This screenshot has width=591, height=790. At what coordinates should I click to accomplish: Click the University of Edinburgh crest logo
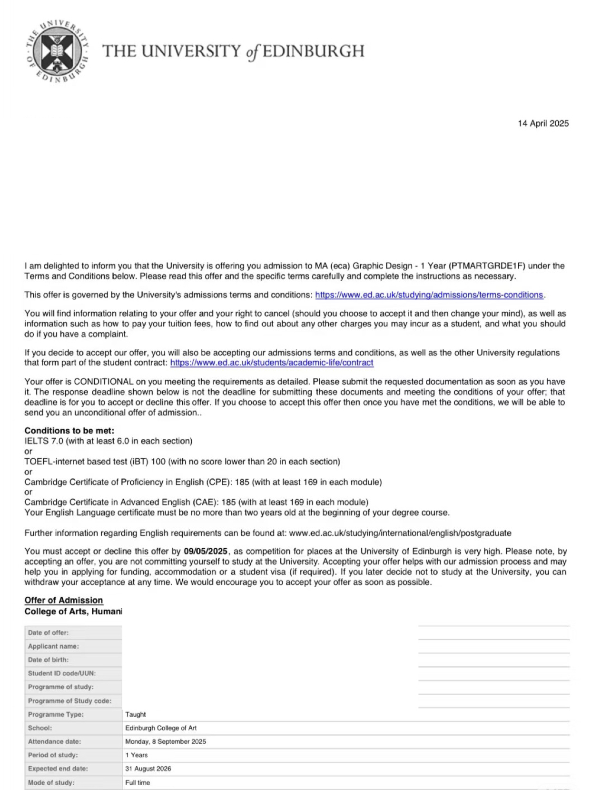click(58, 51)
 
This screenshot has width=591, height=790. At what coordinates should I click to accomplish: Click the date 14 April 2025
click(543, 123)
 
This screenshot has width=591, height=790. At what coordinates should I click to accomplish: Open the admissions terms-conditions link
click(429, 295)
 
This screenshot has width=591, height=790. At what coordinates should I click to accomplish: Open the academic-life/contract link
click(272, 363)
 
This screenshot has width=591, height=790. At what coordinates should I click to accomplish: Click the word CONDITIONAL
click(104, 382)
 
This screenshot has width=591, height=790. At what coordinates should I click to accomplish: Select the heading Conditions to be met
click(69, 431)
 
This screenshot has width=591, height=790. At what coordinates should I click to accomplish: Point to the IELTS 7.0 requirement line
click(108, 441)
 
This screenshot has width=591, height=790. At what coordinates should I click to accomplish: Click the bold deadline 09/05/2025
click(206, 552)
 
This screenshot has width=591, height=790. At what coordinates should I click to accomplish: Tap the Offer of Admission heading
click(64, 601)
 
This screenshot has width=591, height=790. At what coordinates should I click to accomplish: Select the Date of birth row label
click(48, 660)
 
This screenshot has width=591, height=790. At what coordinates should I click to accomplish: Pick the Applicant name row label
click(53, 646)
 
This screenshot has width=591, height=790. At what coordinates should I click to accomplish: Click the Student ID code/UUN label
click(62, 673)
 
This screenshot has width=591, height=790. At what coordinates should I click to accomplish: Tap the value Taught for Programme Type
click(136, 714)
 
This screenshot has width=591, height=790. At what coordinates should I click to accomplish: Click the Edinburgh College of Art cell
click(161, 728)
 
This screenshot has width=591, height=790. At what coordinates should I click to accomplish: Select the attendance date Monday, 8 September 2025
click(166, 741)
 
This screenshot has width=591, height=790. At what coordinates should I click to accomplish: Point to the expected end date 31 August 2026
click(148, 769)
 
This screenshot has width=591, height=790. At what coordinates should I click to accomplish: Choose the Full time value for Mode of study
click(138, 782)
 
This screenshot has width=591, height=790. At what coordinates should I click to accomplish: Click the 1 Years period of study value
click(137, 755)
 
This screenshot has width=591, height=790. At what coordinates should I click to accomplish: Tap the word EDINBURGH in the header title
click(313, 51)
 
